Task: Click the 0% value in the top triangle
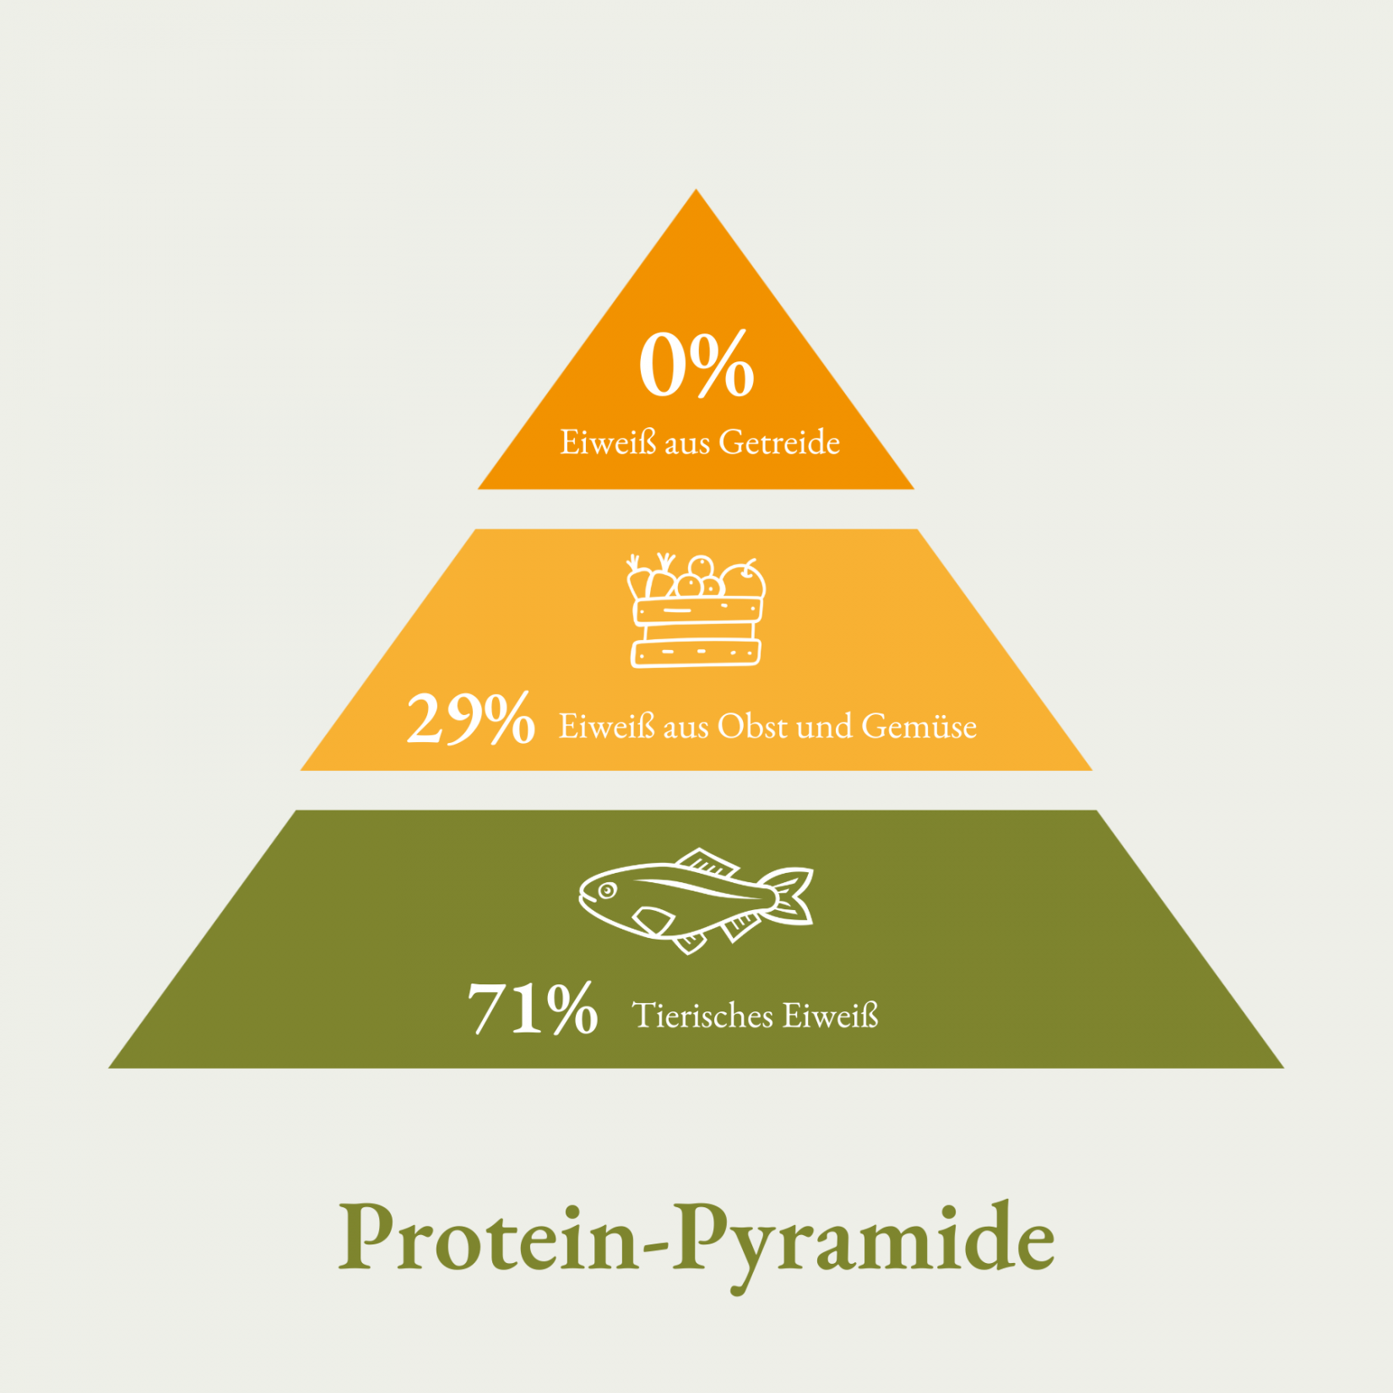(696, 365)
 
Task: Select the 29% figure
(470, 718)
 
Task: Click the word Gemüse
(919, 726)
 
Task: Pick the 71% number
(533, 1007)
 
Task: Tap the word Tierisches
(702, 1015)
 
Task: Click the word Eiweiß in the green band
(831, 1015)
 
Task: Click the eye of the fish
(606, 890)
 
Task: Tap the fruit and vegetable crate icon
(696, 610)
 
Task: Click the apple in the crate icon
(744, 579)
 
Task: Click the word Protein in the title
(489, 1235)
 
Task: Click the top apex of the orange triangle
(696, 189)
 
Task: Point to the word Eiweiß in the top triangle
(608, 442)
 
